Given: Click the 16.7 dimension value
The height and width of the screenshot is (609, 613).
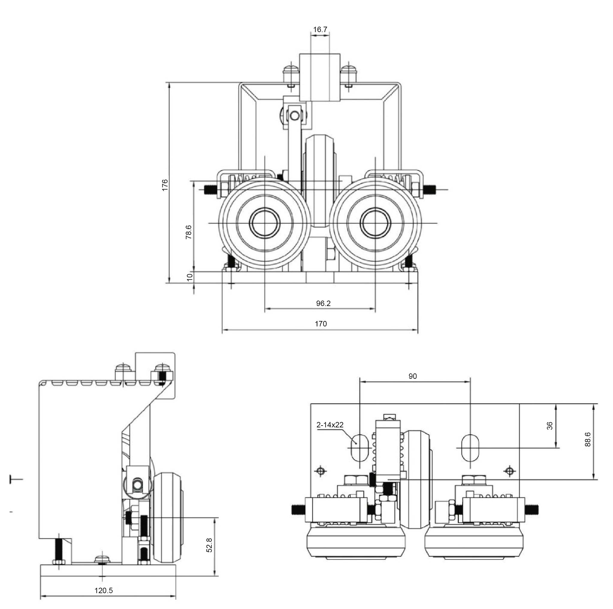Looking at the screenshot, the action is [x=320, y=29].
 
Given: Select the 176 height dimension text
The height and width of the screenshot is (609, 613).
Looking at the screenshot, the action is [x=165, y=185].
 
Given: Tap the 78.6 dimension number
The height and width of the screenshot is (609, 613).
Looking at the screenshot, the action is [x=188, y=232].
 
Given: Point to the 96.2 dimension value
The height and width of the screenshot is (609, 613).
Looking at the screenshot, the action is [x=323, y=303].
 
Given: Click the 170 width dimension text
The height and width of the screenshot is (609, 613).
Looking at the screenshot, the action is [x=321, y=324].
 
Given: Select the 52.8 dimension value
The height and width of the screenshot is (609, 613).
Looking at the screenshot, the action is [x=209, y=545].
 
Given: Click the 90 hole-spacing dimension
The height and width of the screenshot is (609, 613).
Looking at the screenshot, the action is [x=413, y=376].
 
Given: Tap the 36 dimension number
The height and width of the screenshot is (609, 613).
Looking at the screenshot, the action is [x=549, y=426].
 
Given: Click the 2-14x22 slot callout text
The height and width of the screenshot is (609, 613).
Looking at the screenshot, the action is [x=330, y=425].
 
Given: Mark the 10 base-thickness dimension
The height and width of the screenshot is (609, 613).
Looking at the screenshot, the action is [x=190, y=277].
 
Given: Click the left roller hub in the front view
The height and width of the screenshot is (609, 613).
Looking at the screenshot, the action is [x=265, y=223].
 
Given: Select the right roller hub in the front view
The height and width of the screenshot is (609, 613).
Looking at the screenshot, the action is [x=375, y=223].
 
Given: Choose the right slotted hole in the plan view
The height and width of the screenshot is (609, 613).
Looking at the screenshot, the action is [x=470, y=448].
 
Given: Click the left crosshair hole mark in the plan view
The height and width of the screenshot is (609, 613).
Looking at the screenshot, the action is [x=321, y=471].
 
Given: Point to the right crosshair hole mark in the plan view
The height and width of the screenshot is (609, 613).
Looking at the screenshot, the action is [x=510, y=471].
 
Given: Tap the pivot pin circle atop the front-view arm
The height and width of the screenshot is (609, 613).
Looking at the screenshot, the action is [x=295, y=115].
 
